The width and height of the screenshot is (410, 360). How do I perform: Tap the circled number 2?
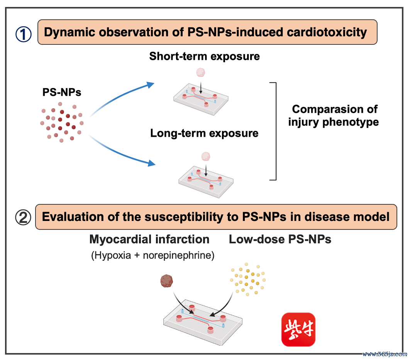pos(23,217)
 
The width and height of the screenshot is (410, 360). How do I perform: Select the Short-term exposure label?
pos(205,56)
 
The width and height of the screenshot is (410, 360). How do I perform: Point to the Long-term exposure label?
pos(204,134)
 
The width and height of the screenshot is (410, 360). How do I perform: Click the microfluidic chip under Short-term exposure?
pos(199,100)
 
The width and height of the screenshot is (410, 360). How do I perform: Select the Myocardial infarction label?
pos(149,239)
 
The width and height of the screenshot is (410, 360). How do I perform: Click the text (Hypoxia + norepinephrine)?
pos(153,256)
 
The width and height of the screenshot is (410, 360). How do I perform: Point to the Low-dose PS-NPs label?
pos(280,239)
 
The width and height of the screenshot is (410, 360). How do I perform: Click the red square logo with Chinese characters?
pos(298,329)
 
